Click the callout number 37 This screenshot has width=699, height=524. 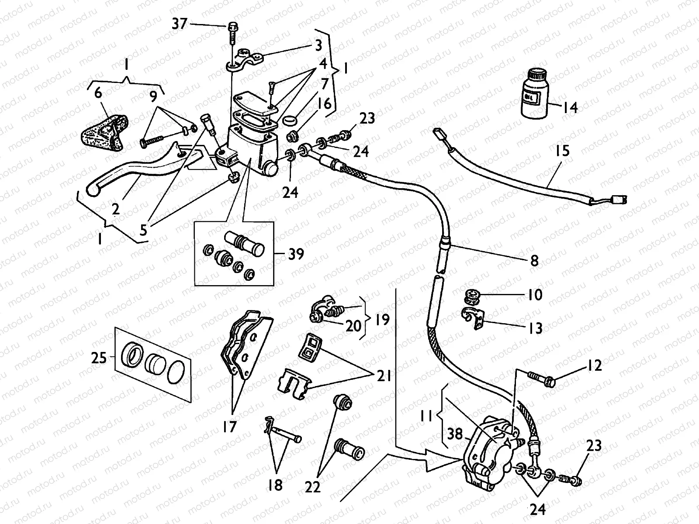[x=179, y=24]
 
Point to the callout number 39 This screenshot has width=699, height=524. [x=296, y=254]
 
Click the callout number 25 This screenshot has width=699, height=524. [x=99, y=358]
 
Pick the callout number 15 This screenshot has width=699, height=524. [x=562, y=151]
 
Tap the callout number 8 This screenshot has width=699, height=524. [x=534, y=261]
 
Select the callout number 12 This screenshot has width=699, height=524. [x=594, y=365]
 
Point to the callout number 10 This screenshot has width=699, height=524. [x=535, y=295]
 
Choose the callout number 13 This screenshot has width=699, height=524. [x=535, y=328]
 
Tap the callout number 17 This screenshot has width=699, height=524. [x=229, y=427]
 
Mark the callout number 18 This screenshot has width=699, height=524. [x=275, y=485]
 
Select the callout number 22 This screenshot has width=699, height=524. [x=312, y=487]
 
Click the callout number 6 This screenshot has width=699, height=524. [x=98, y=93]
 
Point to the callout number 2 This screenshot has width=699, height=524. [x=115, y=209]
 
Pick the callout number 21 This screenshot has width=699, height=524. [x=384, y=376]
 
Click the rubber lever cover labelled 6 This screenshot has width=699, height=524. [x=104, y=133]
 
